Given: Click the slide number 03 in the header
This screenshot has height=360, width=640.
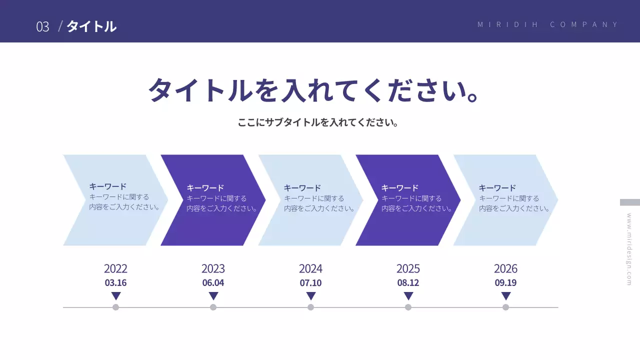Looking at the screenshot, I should click(x=42, y=26).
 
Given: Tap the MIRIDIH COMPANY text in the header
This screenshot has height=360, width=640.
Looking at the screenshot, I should click(x=548, y=24).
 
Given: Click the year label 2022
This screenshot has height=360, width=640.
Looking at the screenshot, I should click(x=115, y=269).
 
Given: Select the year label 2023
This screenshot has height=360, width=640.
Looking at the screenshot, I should click(x=213, y=269).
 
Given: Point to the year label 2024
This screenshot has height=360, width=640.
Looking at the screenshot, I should click(x=310, y=269).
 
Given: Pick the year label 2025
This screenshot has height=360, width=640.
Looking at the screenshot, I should click(x=408, y=269).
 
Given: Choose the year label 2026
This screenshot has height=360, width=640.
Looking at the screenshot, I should click(x=505, y=269).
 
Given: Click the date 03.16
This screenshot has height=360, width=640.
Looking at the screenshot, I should click(x=115, y=283).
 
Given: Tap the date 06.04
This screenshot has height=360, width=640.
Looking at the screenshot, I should click(x=213, y=283).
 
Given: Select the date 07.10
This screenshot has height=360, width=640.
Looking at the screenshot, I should click(x=310, y=283).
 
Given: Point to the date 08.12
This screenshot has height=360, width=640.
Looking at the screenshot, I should click(x=408, y=283).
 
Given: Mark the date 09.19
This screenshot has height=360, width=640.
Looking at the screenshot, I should click(x=505, y=283).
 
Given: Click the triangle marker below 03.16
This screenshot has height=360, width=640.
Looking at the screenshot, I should click(x=116, y=295).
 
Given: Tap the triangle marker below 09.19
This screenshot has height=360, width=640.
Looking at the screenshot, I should click(x=506, y=295).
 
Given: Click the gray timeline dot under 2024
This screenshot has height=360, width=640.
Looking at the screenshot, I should click(x=310, y=307).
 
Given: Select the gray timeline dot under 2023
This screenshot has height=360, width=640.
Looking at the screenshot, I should click(x=213, y=307).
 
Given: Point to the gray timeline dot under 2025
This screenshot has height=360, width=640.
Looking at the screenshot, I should click(x=408, y=307).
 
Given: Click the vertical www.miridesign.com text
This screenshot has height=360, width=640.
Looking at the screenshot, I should click(x=629, y=249).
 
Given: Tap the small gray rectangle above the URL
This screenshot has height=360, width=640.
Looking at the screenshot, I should click(x=629, y=202).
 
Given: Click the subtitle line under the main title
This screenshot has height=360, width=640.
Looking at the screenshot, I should click(x=318, y=122).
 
